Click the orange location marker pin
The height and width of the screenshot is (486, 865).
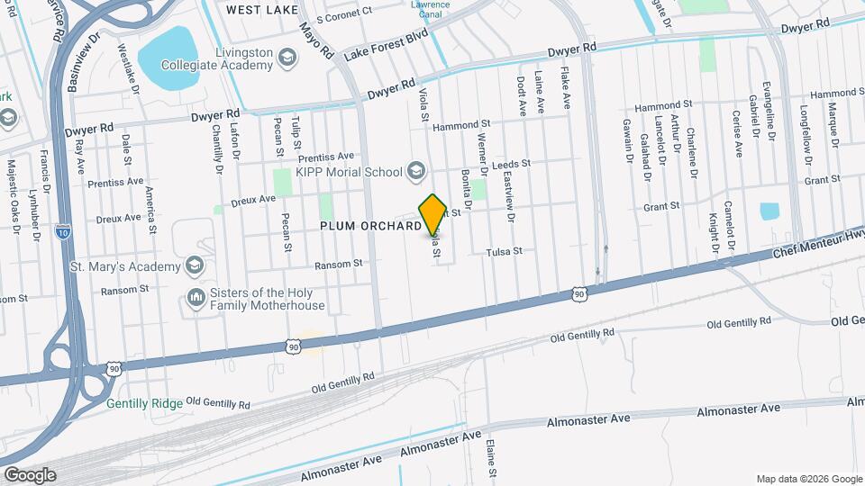tap(432, 214)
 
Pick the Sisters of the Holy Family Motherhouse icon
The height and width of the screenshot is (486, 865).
tap(196, 299)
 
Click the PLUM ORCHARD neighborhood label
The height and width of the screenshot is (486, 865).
tap(370, 227)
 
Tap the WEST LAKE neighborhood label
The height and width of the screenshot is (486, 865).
tap(261, 9)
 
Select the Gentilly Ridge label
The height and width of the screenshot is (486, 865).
tap(144, 403)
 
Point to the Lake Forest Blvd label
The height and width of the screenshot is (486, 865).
tap(385, 49)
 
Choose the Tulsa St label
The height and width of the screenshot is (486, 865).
tap(505, 252)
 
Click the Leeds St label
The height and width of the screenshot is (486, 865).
tap(511, 165)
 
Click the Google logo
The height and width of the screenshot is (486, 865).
tap(30, 474)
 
